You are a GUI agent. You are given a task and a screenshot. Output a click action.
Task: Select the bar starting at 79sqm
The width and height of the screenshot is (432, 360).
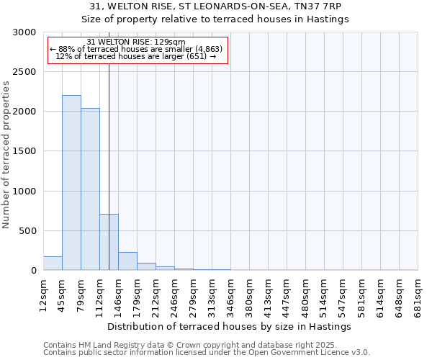[x=90, y=189]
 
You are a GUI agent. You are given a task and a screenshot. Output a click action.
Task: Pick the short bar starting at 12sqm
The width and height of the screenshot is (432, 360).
[x=53, y=264]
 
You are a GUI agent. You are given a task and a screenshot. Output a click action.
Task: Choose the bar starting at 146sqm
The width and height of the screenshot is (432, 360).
[x=127, y=261]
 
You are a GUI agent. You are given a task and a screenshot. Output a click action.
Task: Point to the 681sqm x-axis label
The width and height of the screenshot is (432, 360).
[x=418, y=294]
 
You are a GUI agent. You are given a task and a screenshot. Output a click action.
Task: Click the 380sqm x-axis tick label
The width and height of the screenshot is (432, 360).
[x=249, y=294]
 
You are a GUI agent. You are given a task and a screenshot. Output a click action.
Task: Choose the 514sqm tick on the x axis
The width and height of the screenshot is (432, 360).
[x=324, y=294]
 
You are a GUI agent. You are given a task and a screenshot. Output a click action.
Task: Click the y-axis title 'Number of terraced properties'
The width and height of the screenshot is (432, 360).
[x=6, y=155]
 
